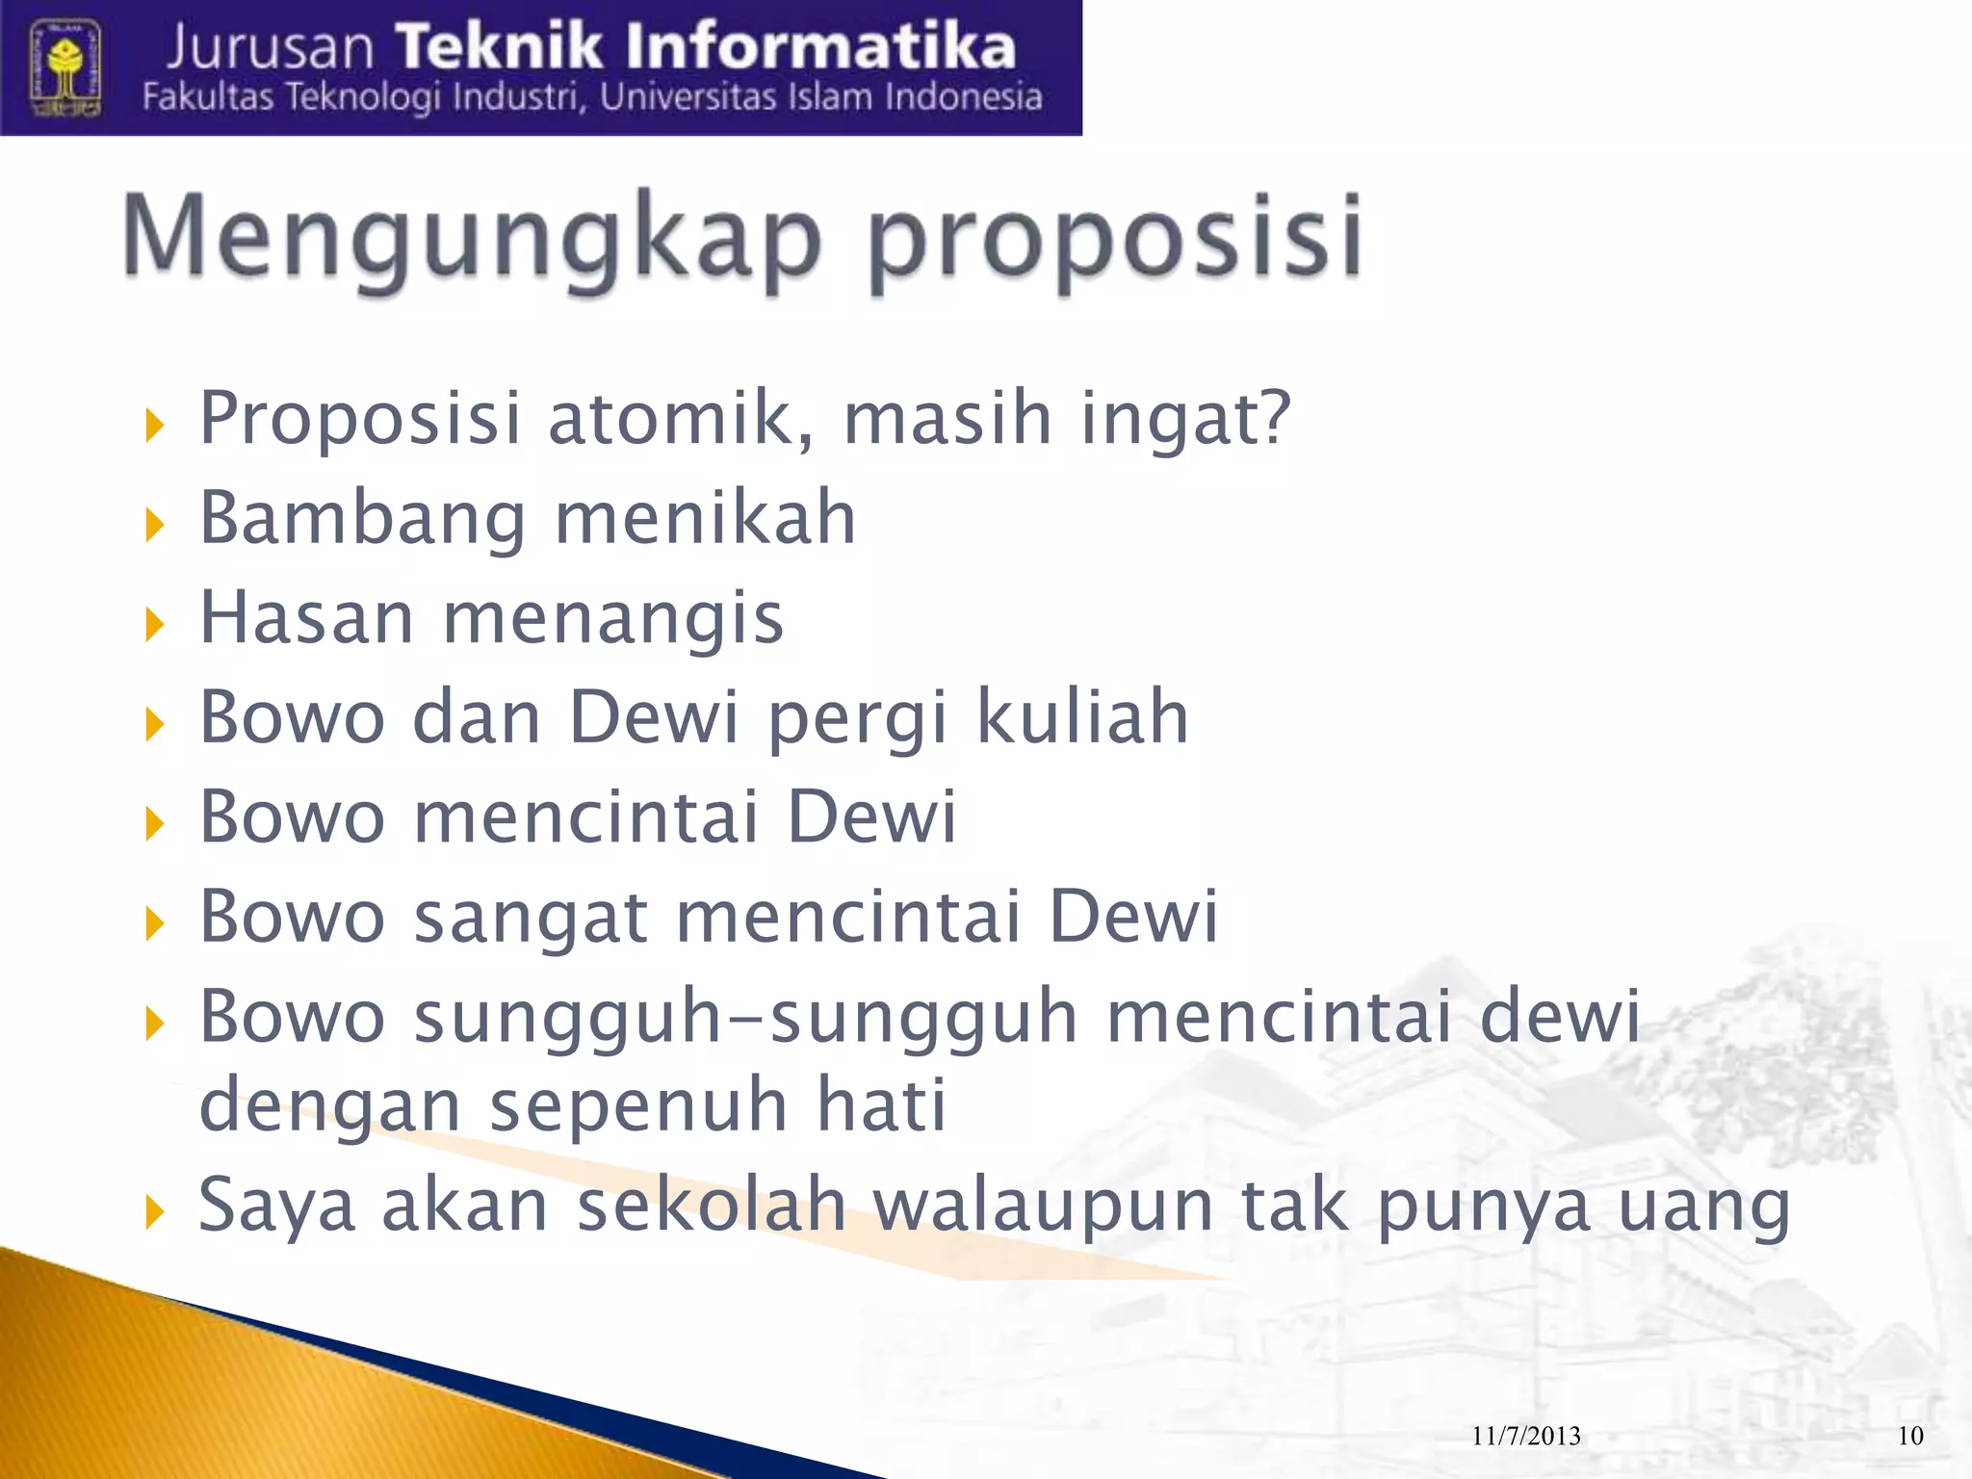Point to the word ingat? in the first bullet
[x=1184, y=420]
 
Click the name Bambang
[x=362, y=520]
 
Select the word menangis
[x=612, y=619]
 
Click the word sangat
[x=531, y=918]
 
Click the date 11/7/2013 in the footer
[x=1526, y=1437]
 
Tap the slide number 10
[x=1910, y=1437]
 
